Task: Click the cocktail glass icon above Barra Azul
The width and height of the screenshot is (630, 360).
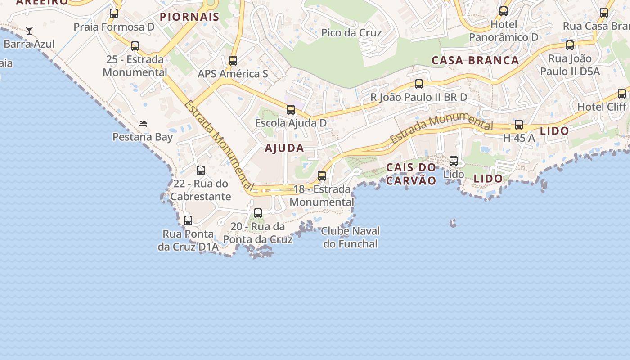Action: point(29,31)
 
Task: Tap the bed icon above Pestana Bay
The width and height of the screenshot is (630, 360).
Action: point(143,123)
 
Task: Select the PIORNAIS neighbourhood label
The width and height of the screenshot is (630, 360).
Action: point(189,17)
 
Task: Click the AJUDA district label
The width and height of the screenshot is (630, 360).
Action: point(284,148)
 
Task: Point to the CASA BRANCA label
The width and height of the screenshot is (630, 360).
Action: point(475,60)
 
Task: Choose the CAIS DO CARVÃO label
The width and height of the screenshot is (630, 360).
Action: point(411,174)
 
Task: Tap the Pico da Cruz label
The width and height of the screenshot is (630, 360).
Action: point(351,33)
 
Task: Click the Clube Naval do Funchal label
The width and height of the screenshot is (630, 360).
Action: point(350,238)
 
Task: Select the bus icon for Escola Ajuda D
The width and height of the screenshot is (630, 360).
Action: point(291,109)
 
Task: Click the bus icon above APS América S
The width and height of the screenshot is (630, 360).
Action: point(233,60)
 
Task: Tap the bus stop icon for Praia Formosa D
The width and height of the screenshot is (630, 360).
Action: point(114,13)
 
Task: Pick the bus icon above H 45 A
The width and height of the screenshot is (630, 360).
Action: point(519,125)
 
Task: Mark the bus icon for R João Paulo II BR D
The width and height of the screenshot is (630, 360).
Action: point(419,84)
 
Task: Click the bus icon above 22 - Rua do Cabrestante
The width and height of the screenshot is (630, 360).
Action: point(201,171)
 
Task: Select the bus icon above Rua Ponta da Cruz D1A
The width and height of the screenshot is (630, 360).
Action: point(188,220)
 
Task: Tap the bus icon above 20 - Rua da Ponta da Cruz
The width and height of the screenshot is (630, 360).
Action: point(258,213)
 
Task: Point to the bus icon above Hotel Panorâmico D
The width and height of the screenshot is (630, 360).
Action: point(504,11)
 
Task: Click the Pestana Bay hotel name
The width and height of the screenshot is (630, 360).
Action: point(143,137)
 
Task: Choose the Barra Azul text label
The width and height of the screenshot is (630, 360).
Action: point(29,44)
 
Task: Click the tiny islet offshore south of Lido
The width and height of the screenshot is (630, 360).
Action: point(453,222)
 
